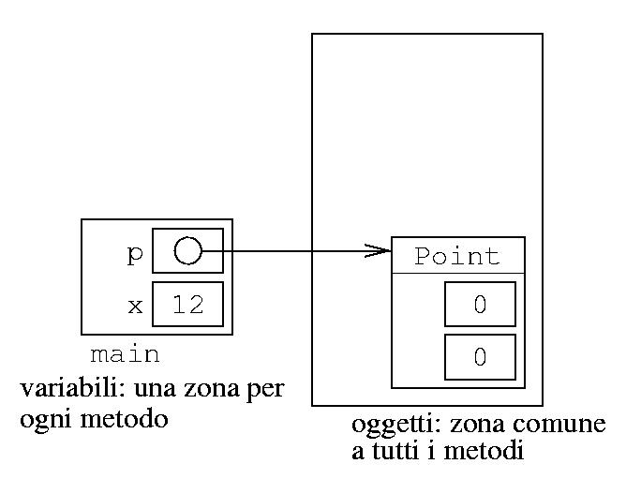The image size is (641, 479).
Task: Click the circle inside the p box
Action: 187,250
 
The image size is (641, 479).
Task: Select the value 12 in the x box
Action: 187,305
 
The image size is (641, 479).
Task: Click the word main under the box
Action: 125,355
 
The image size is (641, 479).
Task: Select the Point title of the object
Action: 457,256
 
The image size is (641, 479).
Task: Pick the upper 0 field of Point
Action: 479,305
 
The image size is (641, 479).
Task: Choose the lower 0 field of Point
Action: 479,357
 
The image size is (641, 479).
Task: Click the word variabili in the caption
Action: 61,388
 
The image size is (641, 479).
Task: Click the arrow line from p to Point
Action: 291,250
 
